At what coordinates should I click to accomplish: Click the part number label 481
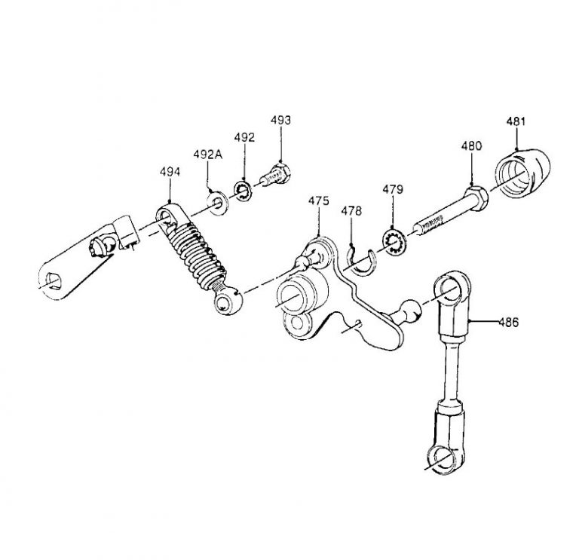coord(516,122)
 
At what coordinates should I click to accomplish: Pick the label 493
coord(280,121)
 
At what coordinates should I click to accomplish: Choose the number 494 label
coord(170,172)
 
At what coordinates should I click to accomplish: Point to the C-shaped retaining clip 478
coord(360,260)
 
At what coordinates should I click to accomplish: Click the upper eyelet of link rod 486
coord(449,290)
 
